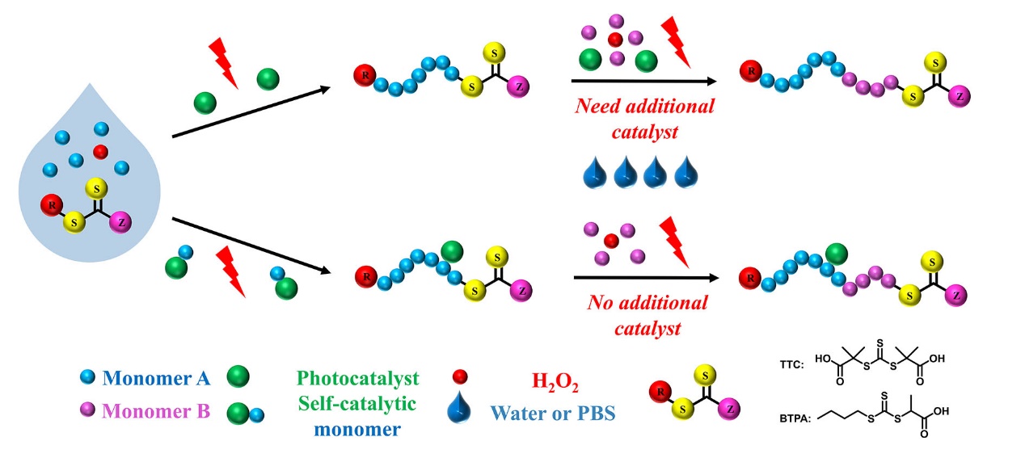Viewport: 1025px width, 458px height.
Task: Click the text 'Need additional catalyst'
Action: (x=644, y=117)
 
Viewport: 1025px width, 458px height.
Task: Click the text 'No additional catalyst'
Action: (x=647, y=315)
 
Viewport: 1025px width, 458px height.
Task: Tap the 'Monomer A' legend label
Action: (x=159, y=377)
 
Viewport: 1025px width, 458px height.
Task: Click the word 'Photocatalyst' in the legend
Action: (x=356, y=378)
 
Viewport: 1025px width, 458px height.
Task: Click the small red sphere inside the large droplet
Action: (x=100, y=151)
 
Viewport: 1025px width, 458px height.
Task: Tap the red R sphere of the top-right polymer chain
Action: (x=751, y=72)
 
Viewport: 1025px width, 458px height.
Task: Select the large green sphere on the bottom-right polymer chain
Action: (x=836, y=254)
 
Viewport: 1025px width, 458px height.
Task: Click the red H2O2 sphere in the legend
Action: (x=460, y=377)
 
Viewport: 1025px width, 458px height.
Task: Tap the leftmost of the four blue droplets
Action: (x=594, y=171)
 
